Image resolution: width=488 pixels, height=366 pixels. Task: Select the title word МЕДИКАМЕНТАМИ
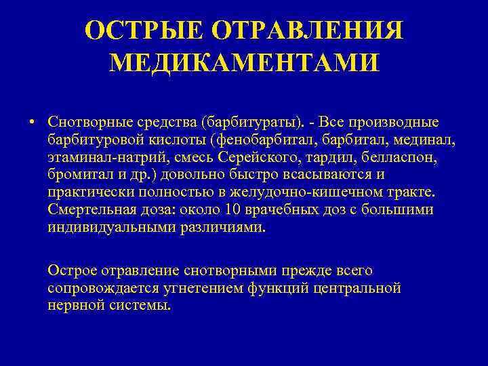point(244,63)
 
